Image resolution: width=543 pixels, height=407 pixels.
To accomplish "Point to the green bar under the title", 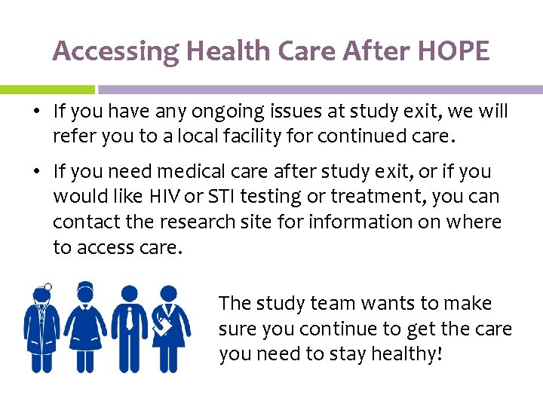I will click(47, 89).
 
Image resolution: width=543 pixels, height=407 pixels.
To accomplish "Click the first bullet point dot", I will click(36, 112).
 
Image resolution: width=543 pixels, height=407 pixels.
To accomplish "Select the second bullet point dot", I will click(36, 173).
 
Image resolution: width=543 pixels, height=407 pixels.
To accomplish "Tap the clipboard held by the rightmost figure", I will click(164, 325).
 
